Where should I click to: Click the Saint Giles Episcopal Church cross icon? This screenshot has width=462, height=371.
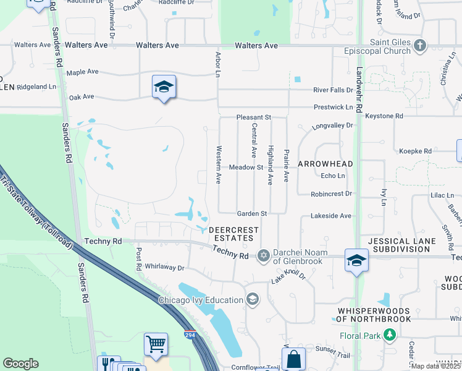pyautogui.click(x=420, y=45)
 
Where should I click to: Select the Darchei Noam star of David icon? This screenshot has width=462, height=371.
pyautogui.click(x=264, y=255)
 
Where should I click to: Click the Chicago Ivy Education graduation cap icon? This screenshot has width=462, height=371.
pyautogui.click(x=252, y=300)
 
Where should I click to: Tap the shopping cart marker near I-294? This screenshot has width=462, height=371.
pyautogui.click(x=156, y=345)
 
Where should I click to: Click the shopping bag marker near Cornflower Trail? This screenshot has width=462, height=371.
pyautogui.click(x=293, y=359)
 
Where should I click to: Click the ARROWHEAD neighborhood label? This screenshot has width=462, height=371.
pyautogui.click(x=325, y=164)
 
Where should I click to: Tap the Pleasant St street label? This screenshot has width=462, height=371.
pyautogui.click(x=254, y=117)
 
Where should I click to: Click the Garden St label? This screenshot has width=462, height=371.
pyautogui.click(x=252, y=213)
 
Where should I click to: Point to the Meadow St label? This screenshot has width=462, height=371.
pyautogui.click(x=246, y=168)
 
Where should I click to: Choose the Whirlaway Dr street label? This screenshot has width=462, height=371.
pyautogui.click(x=164, y=268)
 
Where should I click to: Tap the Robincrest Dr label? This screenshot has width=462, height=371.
pyautogui.click(x=332, y=194)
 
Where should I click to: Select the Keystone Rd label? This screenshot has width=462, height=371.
pyautogui.click(x=384, y=116)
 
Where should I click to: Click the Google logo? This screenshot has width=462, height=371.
pyautogui.click(x=20, y=364)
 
